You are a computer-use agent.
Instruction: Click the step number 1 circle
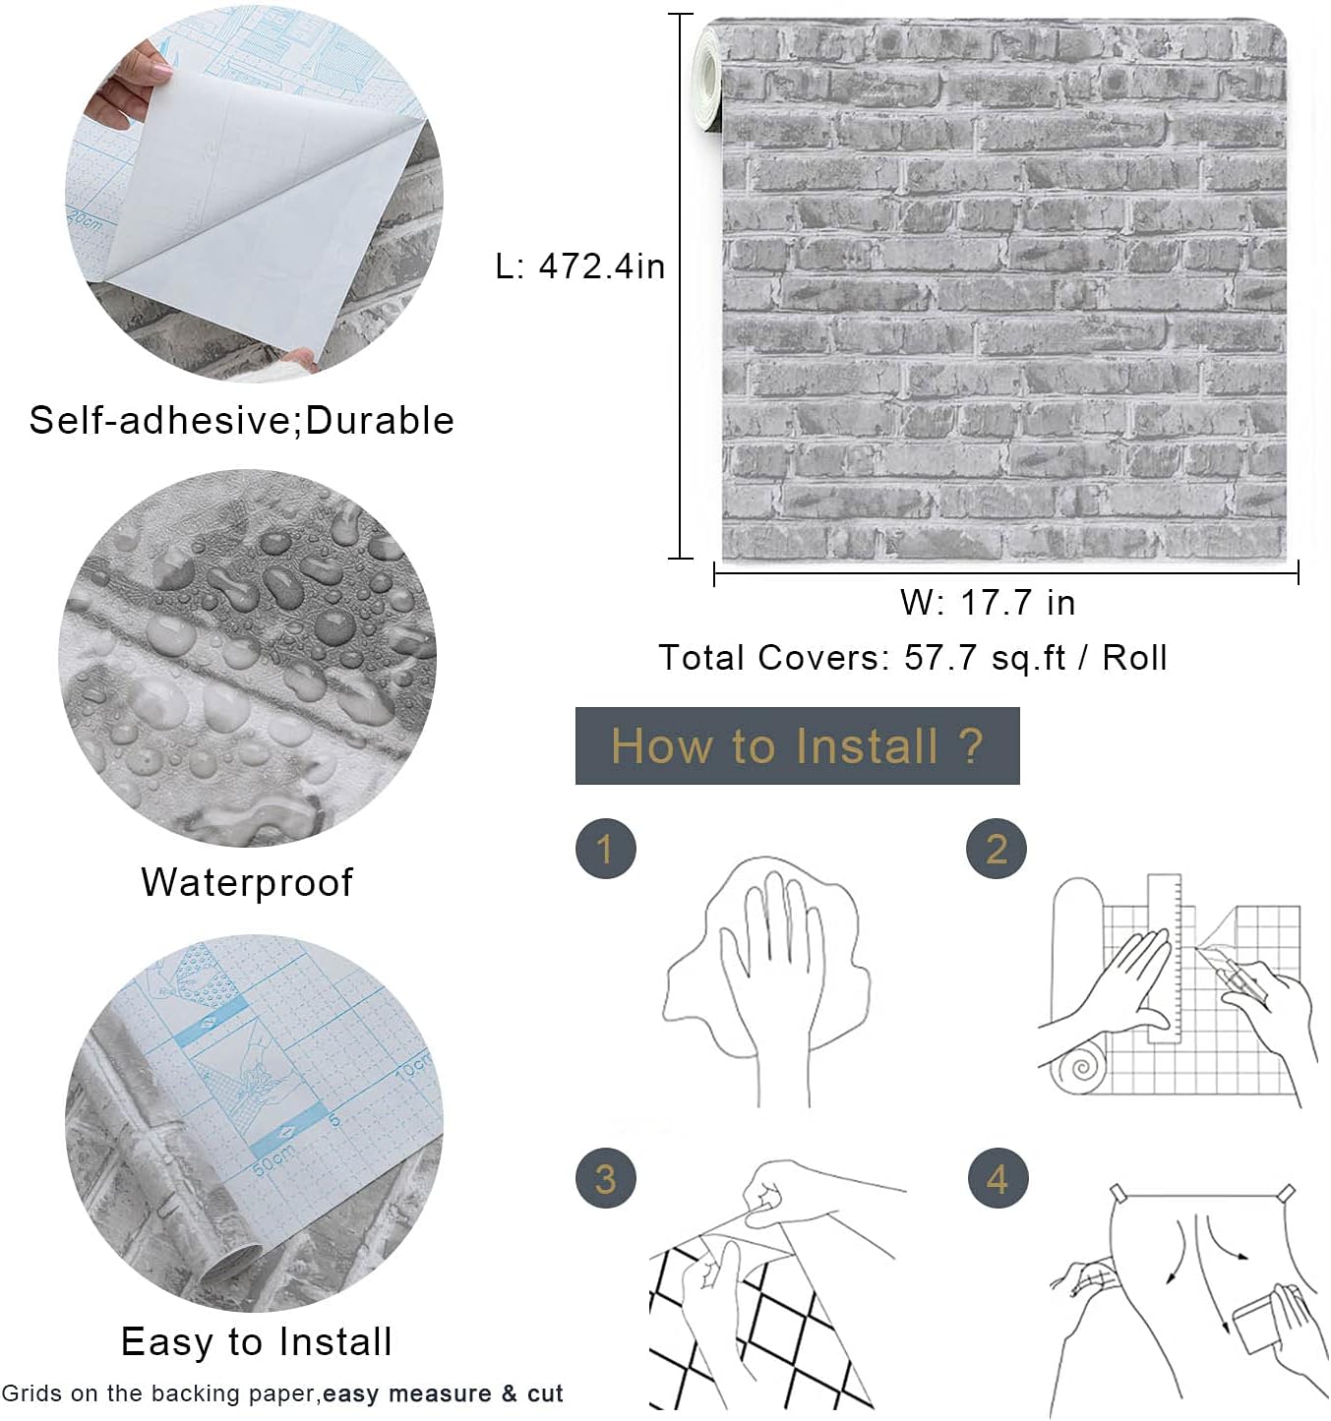click(605, 849)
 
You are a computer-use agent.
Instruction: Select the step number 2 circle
click(997, 849)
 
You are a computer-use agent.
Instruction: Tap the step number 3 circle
click(605, 1178)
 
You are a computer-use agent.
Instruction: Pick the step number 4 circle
click(998, 1178)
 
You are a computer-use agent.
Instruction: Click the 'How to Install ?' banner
click(797, 745)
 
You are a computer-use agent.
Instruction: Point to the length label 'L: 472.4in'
click(580, 266)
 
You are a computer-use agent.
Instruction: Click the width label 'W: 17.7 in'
click(988, 603)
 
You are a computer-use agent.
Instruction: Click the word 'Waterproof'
click(247, 882)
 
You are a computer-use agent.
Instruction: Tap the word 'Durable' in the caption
click(380, 421)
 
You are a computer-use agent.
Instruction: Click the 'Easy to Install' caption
click(256, 1341)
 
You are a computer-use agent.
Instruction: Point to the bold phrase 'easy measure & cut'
click(443, 1393)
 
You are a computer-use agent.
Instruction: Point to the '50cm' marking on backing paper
click(273, 1160)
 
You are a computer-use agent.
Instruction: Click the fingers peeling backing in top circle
click(128, 89)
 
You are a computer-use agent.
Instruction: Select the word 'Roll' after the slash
click(1134, 658)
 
